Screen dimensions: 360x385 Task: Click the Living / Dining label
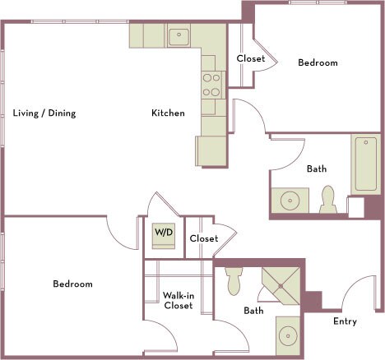44,113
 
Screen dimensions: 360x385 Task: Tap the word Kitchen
168,113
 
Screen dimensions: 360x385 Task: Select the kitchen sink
178,36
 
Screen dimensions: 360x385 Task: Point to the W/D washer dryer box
164,233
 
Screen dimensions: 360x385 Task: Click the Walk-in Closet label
178,300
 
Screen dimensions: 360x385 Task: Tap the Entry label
345,321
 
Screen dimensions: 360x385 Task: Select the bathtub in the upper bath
364,164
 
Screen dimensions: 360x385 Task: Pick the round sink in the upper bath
290,201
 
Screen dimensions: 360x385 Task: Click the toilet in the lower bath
233,280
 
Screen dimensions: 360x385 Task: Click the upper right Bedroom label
318,63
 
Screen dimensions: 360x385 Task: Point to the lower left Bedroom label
72,284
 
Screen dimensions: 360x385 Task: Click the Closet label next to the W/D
203,239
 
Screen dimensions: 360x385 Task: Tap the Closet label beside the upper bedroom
250,59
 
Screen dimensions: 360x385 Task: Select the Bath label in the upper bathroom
317,169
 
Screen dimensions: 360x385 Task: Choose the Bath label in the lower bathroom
253,311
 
